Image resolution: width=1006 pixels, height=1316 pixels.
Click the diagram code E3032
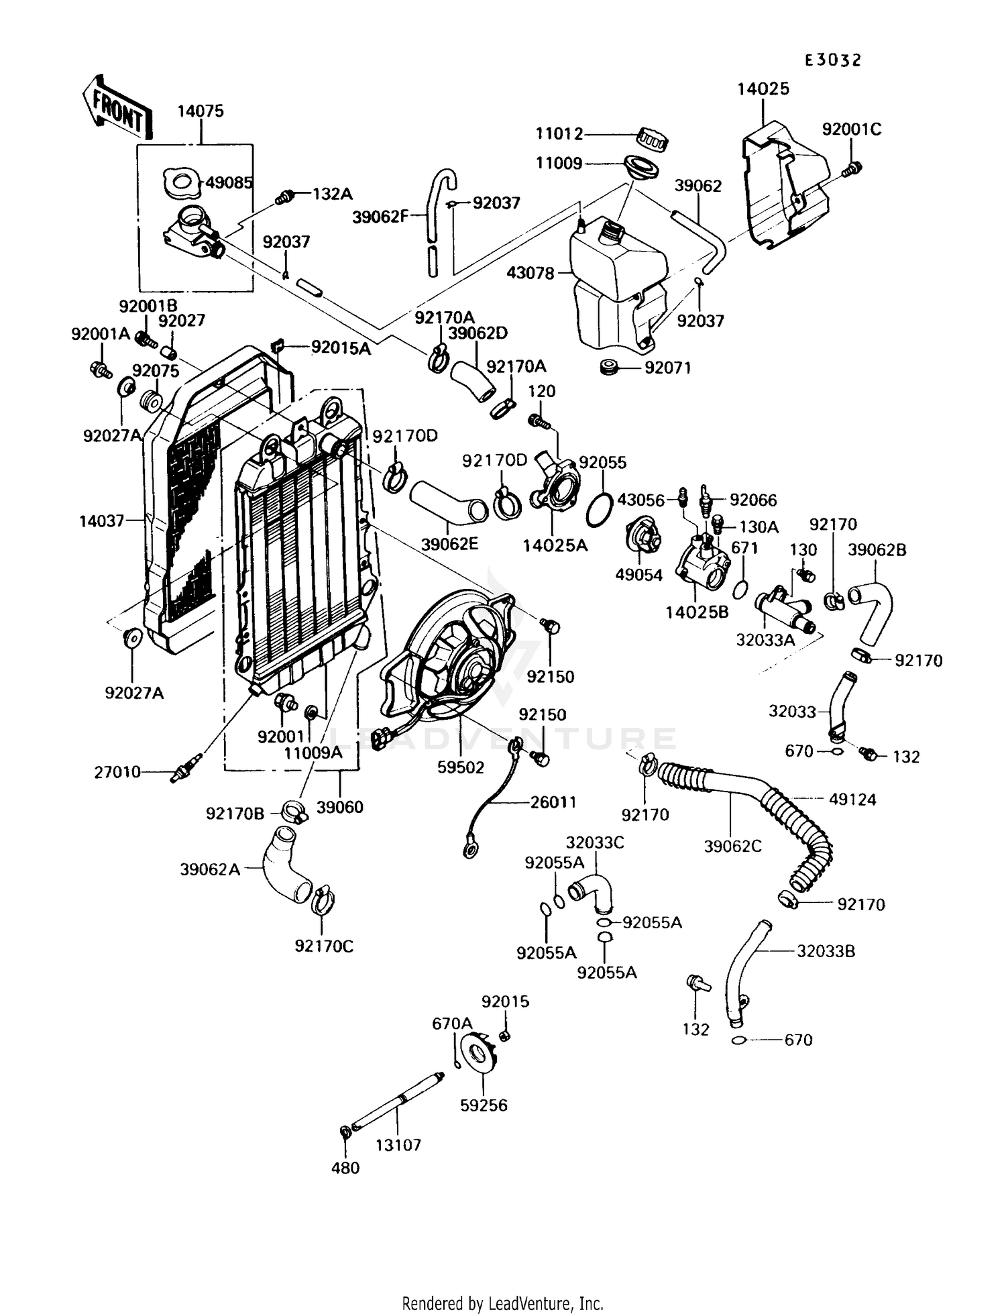tap(833, 60)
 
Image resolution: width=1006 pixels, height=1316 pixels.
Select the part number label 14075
tap(201, 111)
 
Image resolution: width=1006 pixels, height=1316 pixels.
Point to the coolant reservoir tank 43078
tap(617, 282)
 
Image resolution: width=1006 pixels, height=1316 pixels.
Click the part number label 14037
tap(102, 520)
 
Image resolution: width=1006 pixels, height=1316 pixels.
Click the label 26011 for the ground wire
tap(553, 802)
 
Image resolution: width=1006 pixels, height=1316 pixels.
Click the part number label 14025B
tap(697, 612)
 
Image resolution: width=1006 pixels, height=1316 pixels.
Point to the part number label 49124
tap(852, 800)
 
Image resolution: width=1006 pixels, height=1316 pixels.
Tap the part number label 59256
tap(484, 1105)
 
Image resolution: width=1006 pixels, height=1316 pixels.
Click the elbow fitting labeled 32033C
tap(593, 891)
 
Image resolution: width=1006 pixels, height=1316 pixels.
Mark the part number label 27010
tap(117, 772)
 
